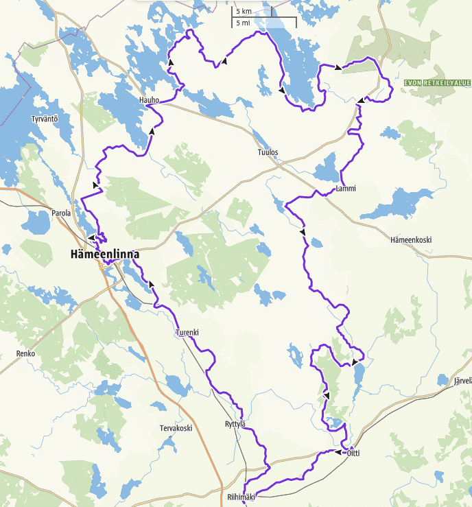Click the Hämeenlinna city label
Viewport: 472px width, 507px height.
point(104,255)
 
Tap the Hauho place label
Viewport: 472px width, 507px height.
point(149,100)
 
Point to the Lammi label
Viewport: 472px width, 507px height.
point(346,189)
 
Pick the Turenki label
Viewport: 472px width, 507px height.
point(187,333)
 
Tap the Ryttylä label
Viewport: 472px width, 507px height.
point(235,424)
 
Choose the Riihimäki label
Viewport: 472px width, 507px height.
point(241,497)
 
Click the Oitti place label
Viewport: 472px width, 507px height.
point(353,453)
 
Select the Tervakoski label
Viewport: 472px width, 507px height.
point(176,428)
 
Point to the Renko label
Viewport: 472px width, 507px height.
point(25,354)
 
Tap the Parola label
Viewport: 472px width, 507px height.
point(61,213)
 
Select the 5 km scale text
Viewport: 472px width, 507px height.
point(244,12)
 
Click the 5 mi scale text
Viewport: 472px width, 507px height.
point(243,23)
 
